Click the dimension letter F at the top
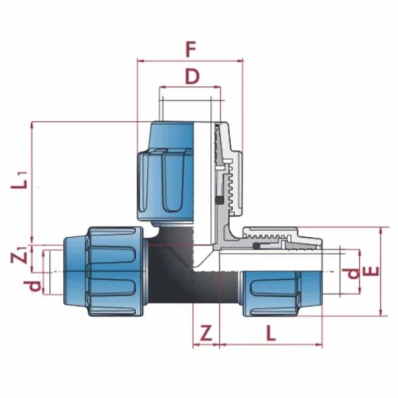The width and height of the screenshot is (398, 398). tap(190, 50)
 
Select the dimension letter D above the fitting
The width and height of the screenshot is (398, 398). tap(192, 76)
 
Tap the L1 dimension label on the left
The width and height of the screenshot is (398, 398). tap(19, 180)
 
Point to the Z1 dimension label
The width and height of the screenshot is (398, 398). tap(19, 255)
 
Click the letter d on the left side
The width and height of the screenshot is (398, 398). tap(33, 286)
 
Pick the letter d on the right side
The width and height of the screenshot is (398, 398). tap(351, 274)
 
